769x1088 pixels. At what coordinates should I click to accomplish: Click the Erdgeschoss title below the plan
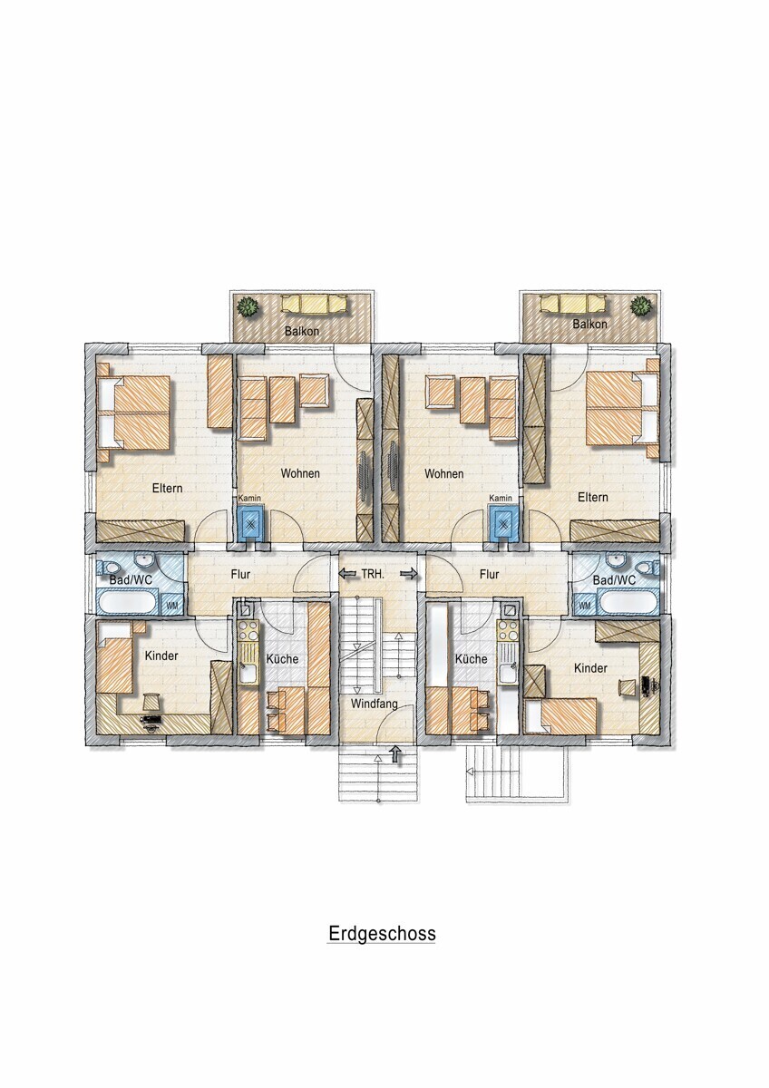(x=382, y=933)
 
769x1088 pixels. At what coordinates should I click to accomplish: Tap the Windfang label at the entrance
(x=374, y=704)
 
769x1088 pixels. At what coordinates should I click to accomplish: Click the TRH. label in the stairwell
(x=373, y=574)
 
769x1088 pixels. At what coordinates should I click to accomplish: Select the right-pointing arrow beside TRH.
(x=409, y=574)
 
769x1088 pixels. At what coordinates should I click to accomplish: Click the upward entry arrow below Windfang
(x=396, y=753)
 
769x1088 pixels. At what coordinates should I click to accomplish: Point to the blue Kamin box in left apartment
(x=250, y=524)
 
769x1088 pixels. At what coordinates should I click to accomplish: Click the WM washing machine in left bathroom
(x=171, y=606)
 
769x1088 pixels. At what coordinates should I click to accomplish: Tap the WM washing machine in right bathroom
(x=585, y=606)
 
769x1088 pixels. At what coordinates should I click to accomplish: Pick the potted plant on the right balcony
(x=640, y=306)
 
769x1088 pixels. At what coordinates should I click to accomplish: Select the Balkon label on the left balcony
(x=302, y=331)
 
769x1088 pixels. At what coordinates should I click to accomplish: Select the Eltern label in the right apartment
(x=593, y=498)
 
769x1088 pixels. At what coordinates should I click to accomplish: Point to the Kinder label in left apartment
(x=161, y=656)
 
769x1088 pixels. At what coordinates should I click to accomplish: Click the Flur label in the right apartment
(x=489, y=574)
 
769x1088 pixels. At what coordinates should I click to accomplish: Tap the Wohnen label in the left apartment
(x=300, y=473)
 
